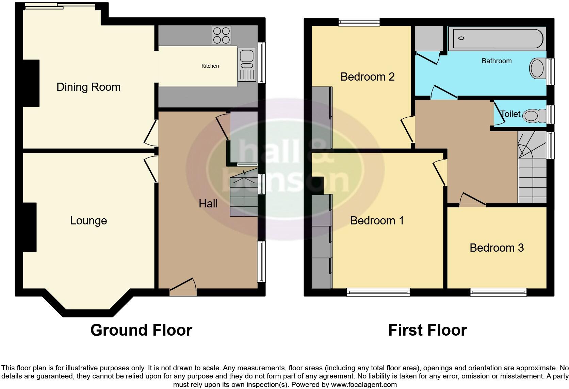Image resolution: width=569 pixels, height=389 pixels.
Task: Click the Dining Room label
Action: pyautogui.click(x=88, y=87)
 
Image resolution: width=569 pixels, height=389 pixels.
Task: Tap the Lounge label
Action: pyautogui.click(x=88, y=221)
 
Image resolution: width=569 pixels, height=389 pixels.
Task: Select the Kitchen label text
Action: pyautogui.click(x=210, y=66)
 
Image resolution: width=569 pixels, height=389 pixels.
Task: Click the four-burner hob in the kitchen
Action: pyautogui.click(x=221, y=35)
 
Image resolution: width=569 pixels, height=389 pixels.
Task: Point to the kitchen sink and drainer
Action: pyautogui.click(x=247, y=65)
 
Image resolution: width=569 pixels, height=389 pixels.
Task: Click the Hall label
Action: pyautogui.click(x=208, y=204)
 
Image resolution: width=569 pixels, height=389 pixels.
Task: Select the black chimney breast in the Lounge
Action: pyautogui.click(x=29, y=227)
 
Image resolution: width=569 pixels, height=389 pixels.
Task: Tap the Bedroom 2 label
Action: pyautogui.click(x=367, y=77)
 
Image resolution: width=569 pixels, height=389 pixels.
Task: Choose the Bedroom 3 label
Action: pyautogui.click(x=497, y=248)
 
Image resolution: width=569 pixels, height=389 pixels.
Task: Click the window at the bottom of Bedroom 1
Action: pyautogui.click(x=378, y=292)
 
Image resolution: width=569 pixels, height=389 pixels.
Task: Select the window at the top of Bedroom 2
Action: pyautogui.click(x=359, y=22)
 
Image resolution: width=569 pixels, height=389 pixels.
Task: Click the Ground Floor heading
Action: pyautogui.click(x=141, y=330)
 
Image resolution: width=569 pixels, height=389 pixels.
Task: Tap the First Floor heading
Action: pyautogui.click(x=427, y=330)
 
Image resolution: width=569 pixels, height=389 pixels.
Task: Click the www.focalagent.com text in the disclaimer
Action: pyautogui.click(x=363, y=385)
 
